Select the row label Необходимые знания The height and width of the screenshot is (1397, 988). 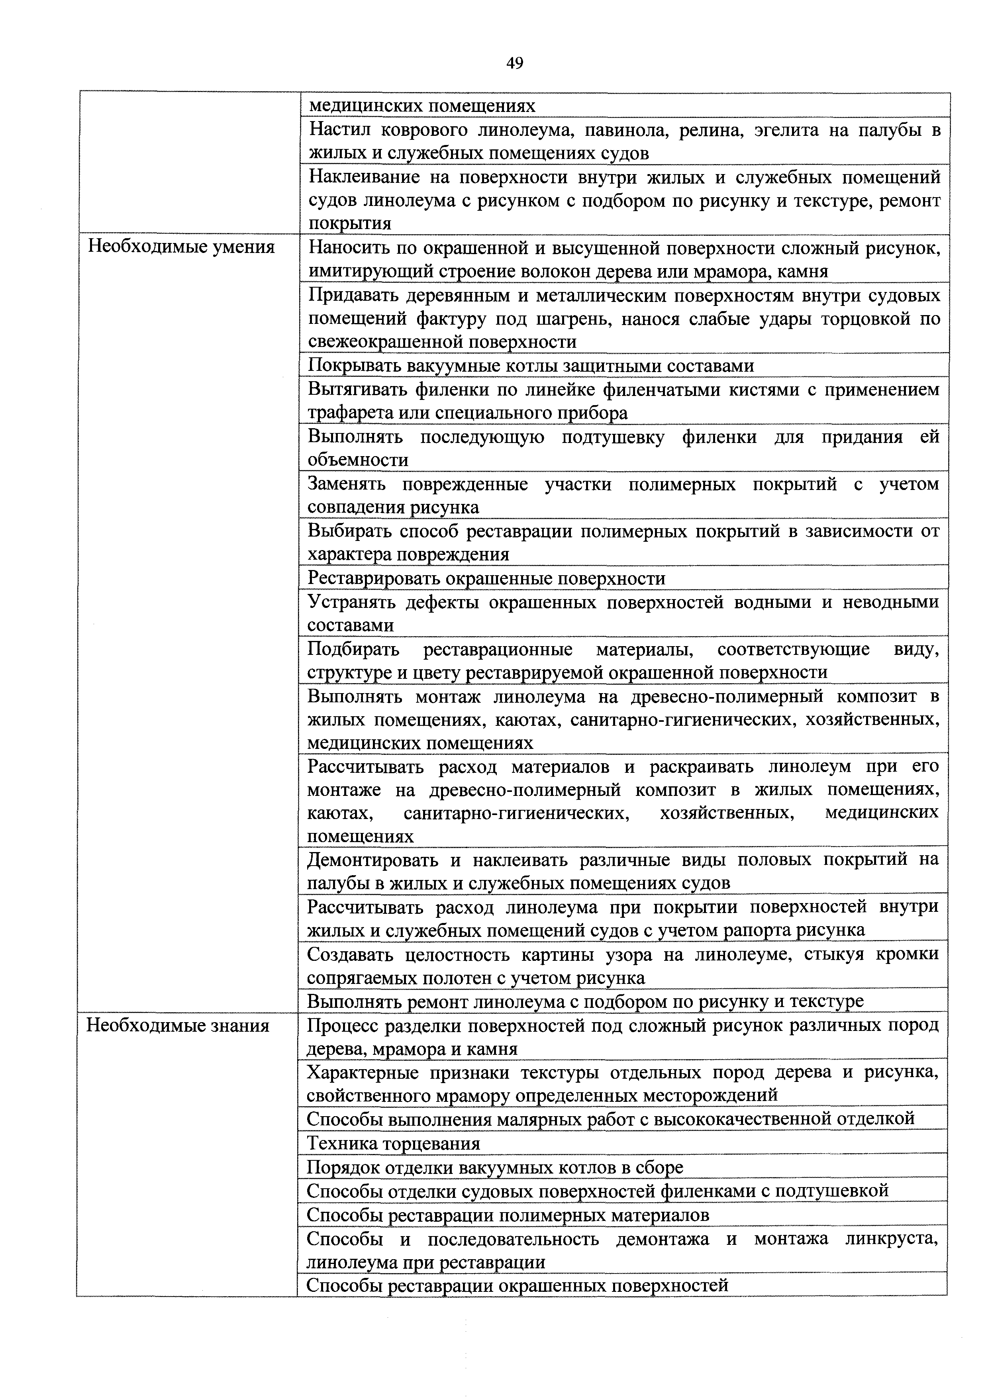pos(178,1026)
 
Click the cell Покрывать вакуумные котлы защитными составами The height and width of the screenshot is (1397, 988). pos(531,366)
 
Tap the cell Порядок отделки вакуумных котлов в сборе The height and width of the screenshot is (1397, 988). pos(495,1167)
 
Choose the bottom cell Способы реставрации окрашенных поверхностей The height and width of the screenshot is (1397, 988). pos(517,1285)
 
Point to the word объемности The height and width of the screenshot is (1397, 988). pos(358,460)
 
